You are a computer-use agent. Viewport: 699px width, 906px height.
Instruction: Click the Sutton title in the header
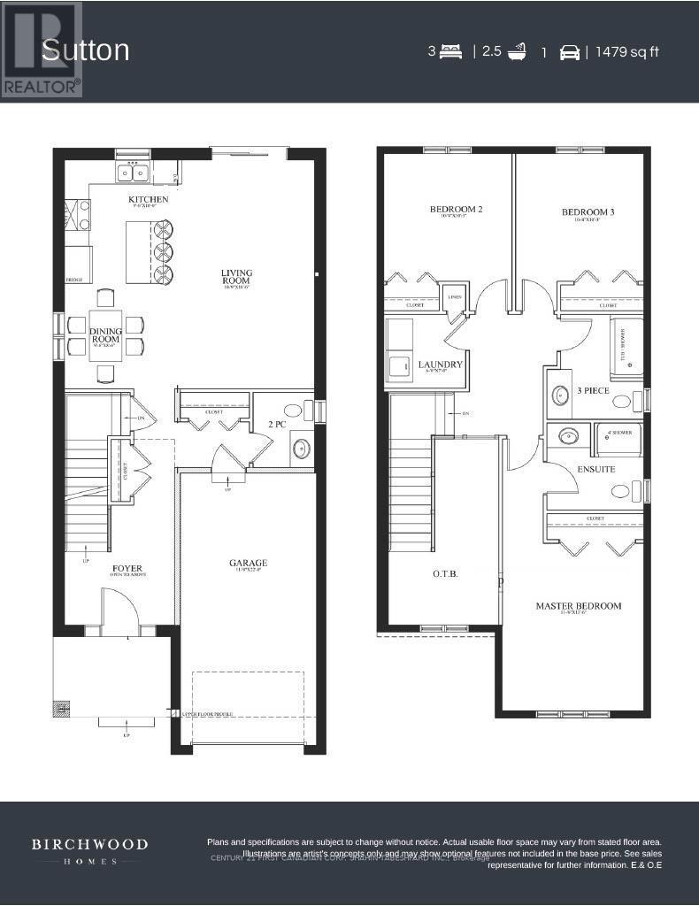pos(86,50)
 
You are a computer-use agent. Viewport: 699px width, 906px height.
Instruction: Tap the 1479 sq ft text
pos(627,51)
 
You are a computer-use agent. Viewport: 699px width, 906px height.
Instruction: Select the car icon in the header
pos(570,52)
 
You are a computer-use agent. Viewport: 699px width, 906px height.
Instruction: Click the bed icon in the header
pos(450,51)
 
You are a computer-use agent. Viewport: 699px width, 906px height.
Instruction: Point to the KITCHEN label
pos(148,199)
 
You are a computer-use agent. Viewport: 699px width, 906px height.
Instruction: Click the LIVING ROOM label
pos(237,277)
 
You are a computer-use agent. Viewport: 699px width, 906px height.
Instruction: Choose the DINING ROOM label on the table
pos(105,335)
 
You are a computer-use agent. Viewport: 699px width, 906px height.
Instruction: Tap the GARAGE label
pos(248,563)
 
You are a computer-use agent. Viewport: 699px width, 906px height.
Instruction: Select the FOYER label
pos(127,568)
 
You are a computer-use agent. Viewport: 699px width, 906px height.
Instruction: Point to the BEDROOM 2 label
pos(456,210)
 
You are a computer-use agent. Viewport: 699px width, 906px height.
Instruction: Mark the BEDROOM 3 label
pos(588,212)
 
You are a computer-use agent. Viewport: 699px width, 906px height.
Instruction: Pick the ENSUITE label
pos(596,469)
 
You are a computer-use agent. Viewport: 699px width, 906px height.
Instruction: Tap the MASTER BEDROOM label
pos(578,606)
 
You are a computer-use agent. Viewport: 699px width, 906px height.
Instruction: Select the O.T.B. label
pos(445,573)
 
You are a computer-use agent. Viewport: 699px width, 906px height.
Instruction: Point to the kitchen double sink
pos(133,171)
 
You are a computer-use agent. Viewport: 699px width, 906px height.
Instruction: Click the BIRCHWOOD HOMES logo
pos(90,851)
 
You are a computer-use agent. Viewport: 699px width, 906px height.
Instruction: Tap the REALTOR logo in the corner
pos(42,49)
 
